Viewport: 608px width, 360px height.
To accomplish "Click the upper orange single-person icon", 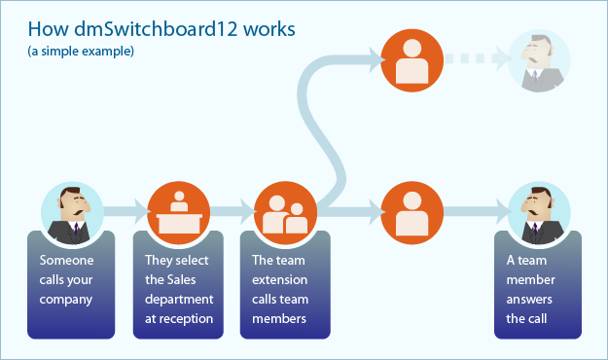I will pyautogui.click(x=409, y=59).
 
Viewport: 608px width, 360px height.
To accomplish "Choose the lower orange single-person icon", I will pyautogui.click(x=409, y=210).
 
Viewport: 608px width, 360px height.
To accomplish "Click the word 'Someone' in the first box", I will pyautogui.click(x=64, y=260).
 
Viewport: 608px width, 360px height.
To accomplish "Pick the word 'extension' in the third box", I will pyautogui.click(x=280, y=279).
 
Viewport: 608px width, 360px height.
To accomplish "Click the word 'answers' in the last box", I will pyautogui.click(x=528, y=299).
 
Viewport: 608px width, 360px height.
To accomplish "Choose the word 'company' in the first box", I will pyautogui.click(x=66, y=299).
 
